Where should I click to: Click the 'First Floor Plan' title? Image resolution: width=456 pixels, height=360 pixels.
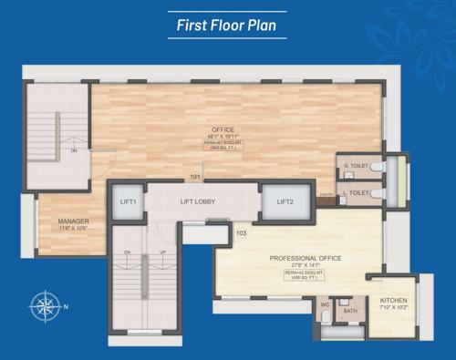coord(228,25)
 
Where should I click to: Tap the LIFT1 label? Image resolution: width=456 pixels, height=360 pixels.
coord(129,201)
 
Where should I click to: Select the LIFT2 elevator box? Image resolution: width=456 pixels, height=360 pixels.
coord(285,201)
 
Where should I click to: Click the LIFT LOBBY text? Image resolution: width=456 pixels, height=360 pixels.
coord(198,201)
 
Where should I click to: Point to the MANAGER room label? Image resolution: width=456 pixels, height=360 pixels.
coord(72,221)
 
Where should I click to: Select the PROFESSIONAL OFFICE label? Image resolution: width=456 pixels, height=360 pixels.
coord(306,258)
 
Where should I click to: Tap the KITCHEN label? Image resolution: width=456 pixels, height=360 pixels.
coord(393,300)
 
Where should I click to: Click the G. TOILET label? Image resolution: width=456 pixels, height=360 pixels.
coord(354,166)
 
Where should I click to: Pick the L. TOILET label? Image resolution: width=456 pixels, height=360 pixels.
coord(354,192)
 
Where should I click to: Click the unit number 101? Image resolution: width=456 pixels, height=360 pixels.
coord(195,175)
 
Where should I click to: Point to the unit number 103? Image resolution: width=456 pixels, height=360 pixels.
coord(242,233)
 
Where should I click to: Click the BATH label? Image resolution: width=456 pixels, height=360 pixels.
coord(350,311)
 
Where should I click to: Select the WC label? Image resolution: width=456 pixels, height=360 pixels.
coord(325,305)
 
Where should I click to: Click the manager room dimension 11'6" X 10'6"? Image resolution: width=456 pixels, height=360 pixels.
coord(72,228)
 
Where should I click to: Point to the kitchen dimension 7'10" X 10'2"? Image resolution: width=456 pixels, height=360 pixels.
coord(393,307)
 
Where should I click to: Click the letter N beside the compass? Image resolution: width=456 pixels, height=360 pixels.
coord(65,306)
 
